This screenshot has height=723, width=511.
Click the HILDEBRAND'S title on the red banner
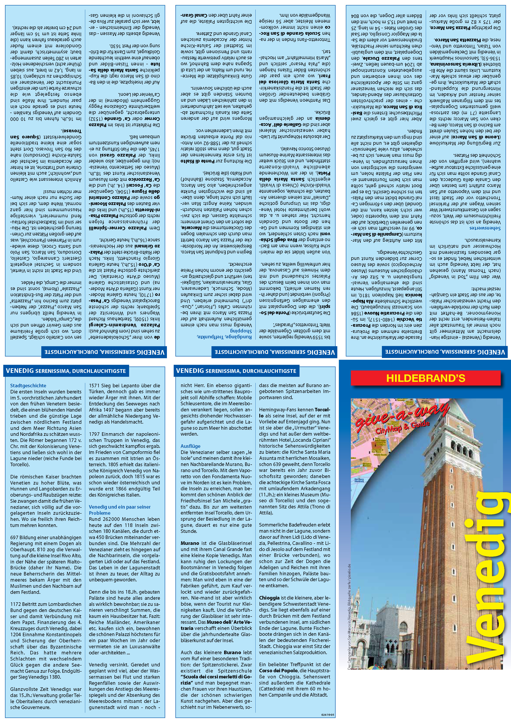(x=426, y=378)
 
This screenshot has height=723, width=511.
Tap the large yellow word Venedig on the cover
(x=487, y=579)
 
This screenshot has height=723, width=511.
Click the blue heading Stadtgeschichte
(x=28, y=385)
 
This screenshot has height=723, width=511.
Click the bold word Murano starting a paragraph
(x=190, y=543)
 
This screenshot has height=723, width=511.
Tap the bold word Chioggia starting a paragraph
(x=269, y=598)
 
